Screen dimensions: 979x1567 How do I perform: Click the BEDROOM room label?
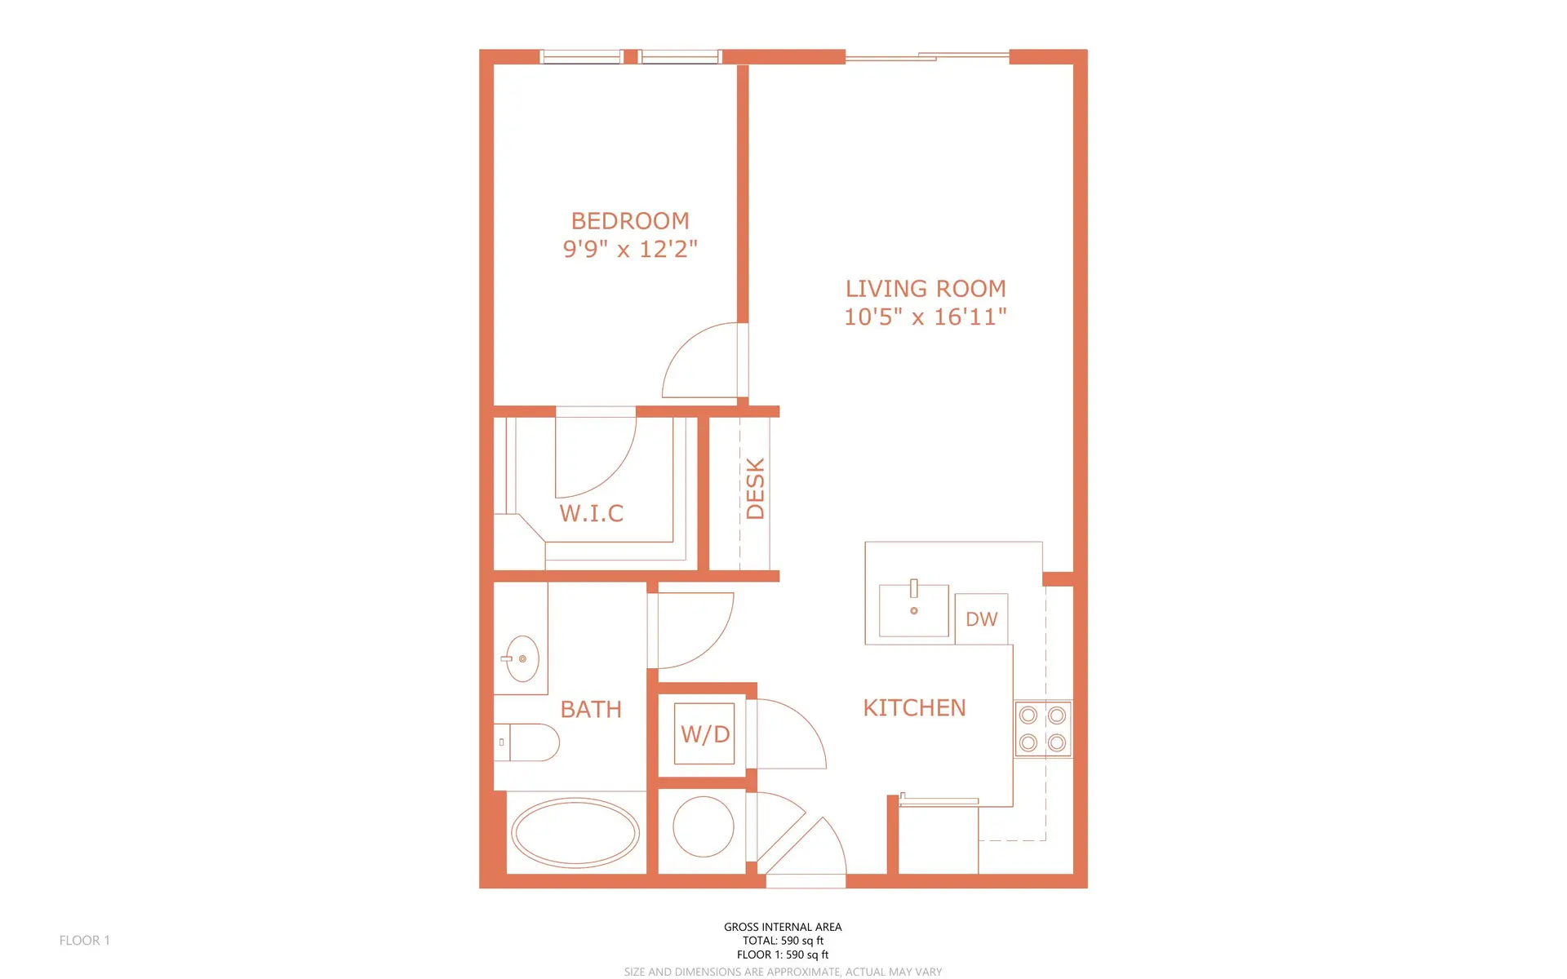pyautogui.click(x=630, y=221)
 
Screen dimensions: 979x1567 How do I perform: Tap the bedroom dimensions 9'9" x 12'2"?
pyautogui.click(x=630, y=249)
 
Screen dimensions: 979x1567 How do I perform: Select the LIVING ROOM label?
pyautogui.click(x=926, y=289)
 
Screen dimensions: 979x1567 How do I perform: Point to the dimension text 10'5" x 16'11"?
pyautogui.click(x=926, y=317)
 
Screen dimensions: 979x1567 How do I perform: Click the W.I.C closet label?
pyautogui.click(x=592, y=513)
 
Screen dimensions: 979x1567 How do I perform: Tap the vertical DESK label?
pyautogui.click(x=756, y=489)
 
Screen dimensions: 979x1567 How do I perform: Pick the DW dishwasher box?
pyautogui.click(x=981, y=619)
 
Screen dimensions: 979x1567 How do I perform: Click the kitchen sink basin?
pyautogui.click(x=913, y=610)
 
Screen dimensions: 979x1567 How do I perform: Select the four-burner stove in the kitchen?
pyautogui.click(x=1042, y=729)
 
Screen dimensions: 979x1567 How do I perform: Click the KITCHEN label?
pyautogui.click(x=914, y=708)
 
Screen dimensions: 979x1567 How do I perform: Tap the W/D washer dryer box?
pyautogui.click(x=705, y=734)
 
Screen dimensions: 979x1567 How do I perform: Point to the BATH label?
pyautogui.click(x=591, y=710)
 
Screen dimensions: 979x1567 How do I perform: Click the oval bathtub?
pyautogui.click(x=575, y=833)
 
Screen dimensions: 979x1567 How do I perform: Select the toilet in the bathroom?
pyautogui.click(x=528, y=742)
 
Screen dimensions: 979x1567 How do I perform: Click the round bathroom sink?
pyautogui.click(x=522, y=658)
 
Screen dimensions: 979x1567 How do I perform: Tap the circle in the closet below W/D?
pyautogui.click(x=703, y=826)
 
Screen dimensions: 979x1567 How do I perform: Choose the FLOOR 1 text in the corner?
pyautogui.click(x=84, y=941)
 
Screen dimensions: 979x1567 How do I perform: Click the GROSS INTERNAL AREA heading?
pyautogui.click(x=782, y=927)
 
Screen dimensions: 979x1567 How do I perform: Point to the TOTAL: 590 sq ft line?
pyautogui.click(x=782, y=941)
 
